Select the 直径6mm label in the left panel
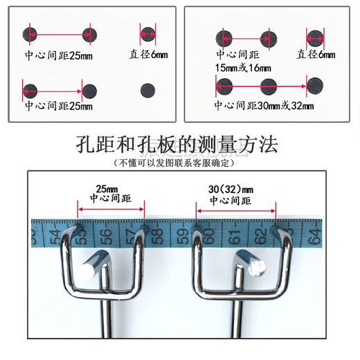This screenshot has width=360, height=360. [x=148, y=54]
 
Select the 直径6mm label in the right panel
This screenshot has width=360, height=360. [x=316, y=54]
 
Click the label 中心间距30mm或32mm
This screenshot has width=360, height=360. [x=264, y=106]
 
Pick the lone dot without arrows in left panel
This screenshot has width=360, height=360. [x=148, y=89]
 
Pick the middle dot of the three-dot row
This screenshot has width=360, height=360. [x=269, y=86]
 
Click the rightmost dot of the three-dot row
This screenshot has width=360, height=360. [x=315, y=85]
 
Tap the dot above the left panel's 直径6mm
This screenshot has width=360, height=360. [x=148, y=33]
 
